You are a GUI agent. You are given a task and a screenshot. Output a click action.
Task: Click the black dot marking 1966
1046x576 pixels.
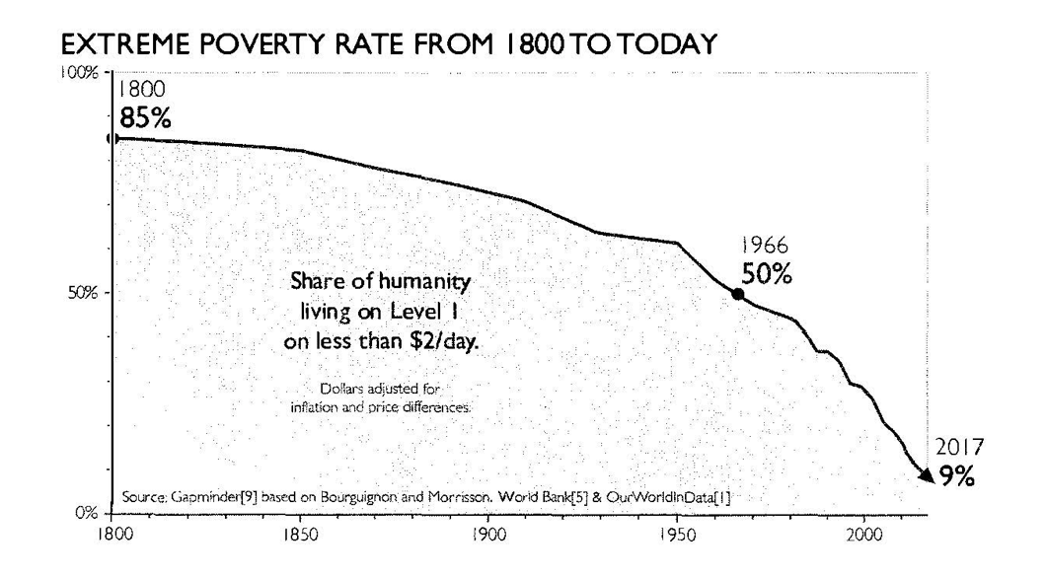[x=737, y=294]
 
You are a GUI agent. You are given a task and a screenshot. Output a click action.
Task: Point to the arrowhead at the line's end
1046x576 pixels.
[x=925, y=476]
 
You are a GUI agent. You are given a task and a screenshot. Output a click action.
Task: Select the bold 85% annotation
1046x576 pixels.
[x=145, y=119]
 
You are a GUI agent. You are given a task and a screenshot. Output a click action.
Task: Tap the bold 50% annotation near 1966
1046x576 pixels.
[x=767, y=275]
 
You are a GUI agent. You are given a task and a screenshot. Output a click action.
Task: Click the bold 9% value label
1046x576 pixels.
[x=956, y=479]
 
